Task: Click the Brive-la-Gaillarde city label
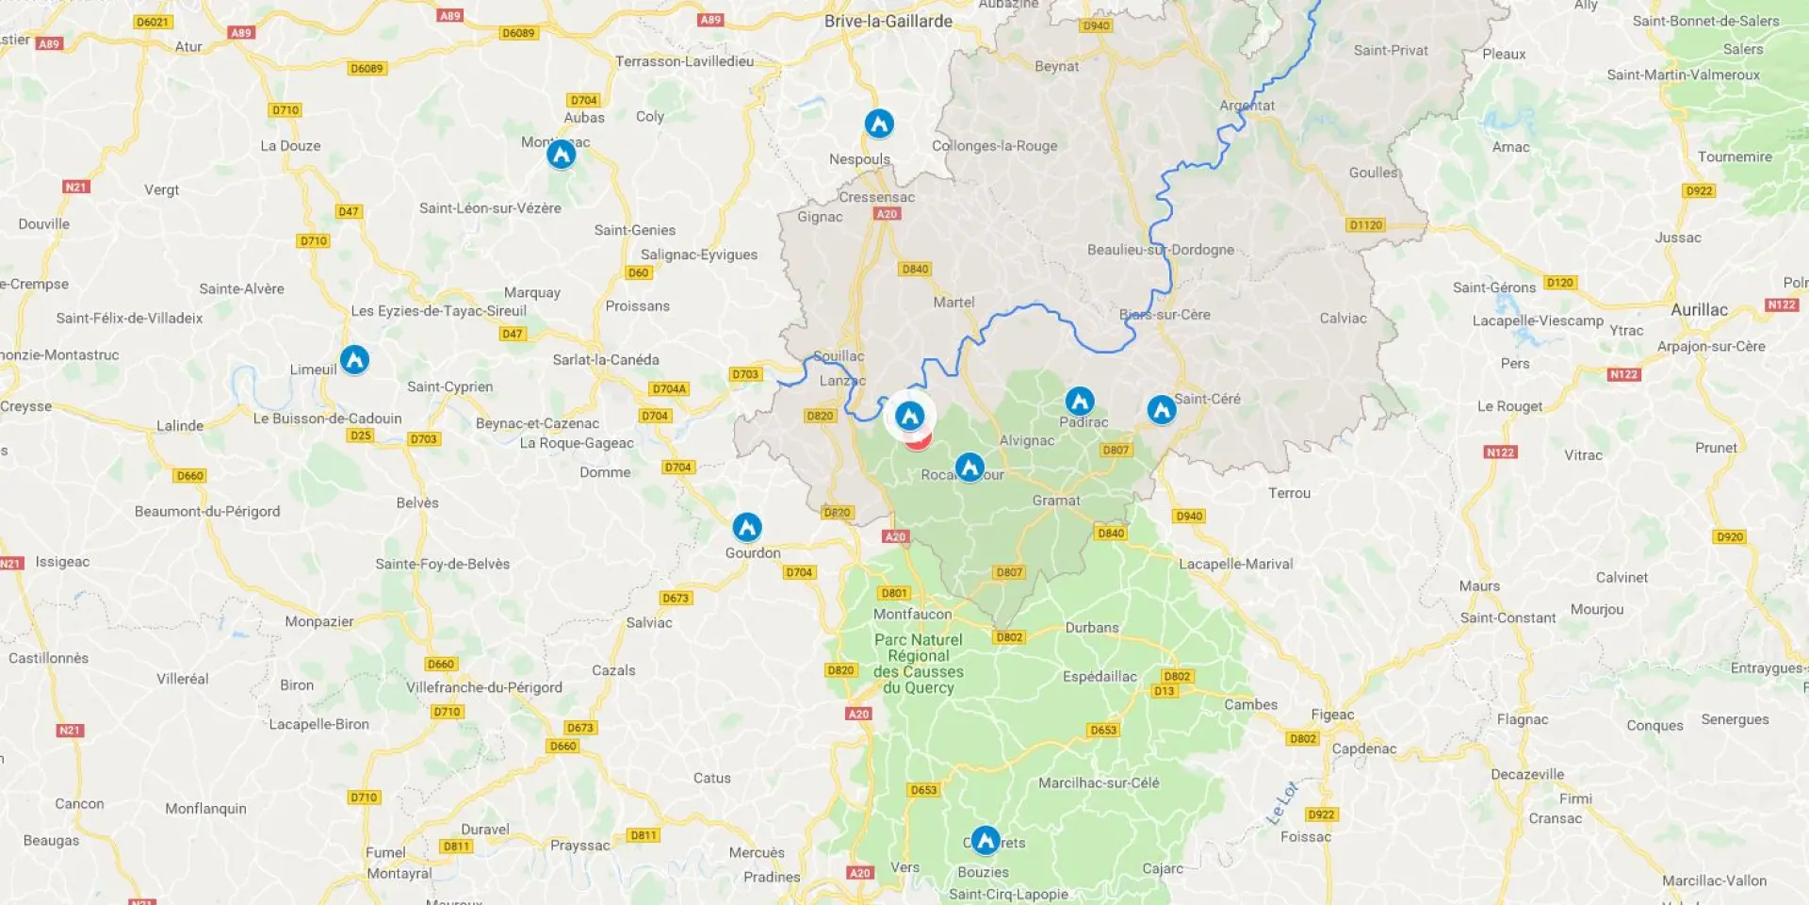pyautogui.click(x=888, y=22)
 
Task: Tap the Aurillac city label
pyautogui.click(x=1699, y=310)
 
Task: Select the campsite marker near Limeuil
pyautogui.click(x=354, y=359)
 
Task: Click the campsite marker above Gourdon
pyautogui.click(x=747, y=527)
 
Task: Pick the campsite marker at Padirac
pyautogui.click(x=1080, y=402)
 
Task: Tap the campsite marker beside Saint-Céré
pyautogui.click(x=1161, y=409)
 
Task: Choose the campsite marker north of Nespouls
pyautogui.click(x=879, y=123)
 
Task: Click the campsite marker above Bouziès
pyautogui.click(x=986, y=839)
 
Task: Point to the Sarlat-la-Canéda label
pyautogui.click(x=606, y=360)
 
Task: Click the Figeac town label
pyautogui.click(x=1332, y=715)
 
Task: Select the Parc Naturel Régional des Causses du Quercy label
pyautogui.click(x=919, y=664)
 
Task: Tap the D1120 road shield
pyautogui.click(x=1365, y=225)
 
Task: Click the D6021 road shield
pyautogui.click(x=152, y=22)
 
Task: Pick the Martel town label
pyautogui.click(x=953, y=303)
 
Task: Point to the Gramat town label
pyautogui.click(x=1056, y=501)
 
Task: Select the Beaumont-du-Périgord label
pyautogui.click(x=207, y=512)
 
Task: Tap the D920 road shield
pyautogui.click(x=1730, y=537)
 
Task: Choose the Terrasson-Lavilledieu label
pyautogui.click(x=684, y=61)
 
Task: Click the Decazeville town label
pyautogui.click(x=1527, y=775)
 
